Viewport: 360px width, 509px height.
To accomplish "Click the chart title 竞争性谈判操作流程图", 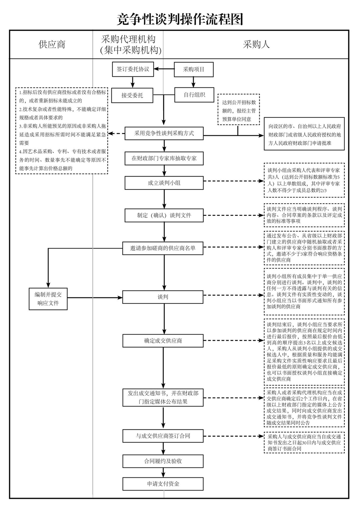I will coord(180,19).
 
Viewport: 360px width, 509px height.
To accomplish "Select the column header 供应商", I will coord(52,44).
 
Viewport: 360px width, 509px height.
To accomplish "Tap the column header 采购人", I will coord(256,44).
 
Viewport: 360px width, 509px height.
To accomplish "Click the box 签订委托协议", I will coord(133,69).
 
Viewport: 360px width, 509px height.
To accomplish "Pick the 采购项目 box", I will coord(194,69).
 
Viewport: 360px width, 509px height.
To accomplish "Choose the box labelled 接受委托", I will coord(132,95).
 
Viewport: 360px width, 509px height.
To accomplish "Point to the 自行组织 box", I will coord(194,95).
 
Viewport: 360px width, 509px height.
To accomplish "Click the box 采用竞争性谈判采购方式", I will coord(164,133).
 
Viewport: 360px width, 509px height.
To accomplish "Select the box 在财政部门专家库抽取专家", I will coord(164,158).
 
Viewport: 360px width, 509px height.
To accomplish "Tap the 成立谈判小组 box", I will coord(164,183).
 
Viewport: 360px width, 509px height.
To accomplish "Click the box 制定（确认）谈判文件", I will coord(164,215).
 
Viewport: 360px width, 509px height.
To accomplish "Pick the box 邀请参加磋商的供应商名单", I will coord(163,248).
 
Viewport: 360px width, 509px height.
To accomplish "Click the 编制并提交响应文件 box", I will coord(48,299).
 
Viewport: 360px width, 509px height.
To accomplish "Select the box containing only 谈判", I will coord(163,297).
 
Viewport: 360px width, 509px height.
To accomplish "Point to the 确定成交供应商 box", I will coord(163,340).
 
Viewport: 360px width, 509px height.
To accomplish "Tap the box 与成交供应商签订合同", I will coord(163,436).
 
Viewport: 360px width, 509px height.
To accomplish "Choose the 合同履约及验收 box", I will coord(163,461).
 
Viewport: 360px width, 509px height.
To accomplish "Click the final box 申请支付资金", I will coord(163,484).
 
